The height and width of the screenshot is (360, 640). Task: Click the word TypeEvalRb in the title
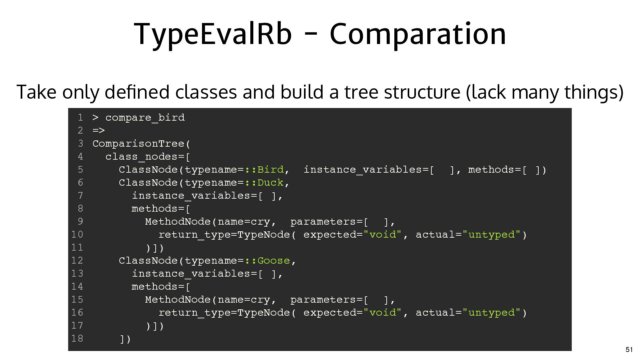pos(213,34)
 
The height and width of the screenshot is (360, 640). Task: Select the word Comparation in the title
pos(418,34)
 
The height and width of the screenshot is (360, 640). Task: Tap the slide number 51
pos(629,350)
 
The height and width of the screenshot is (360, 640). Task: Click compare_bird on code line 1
pos(145,118)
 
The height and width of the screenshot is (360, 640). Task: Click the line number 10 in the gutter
pos(77,235)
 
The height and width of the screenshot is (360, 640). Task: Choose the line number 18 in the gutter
pos(77,339)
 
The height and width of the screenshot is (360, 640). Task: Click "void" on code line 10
pos(382,235)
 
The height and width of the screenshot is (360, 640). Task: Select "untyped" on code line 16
pos(491,313)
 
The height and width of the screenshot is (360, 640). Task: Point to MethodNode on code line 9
pos(178,222)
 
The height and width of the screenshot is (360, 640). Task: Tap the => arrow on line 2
pos(99,131)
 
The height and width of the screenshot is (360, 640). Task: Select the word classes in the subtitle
pos(207,92)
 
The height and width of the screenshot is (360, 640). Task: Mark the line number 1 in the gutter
pos(80,118)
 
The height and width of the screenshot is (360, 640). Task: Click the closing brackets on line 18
pos(125,339)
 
